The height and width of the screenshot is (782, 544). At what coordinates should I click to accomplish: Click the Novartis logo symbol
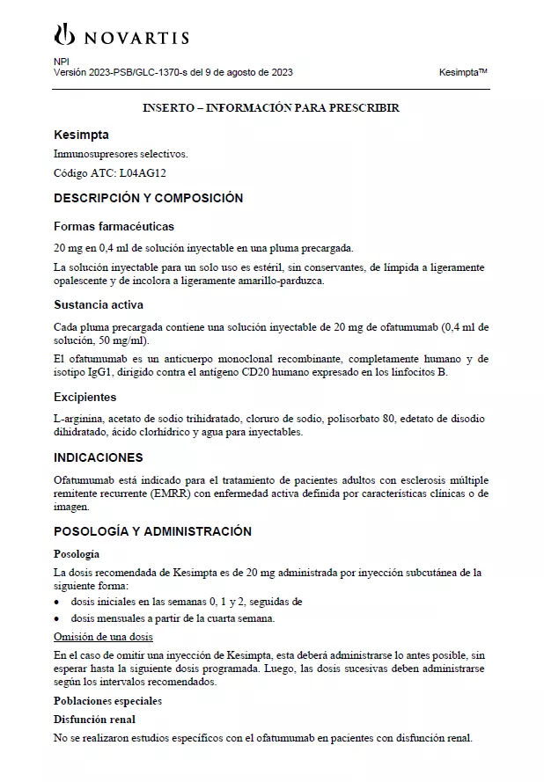pyautogui.click(x=64, y=35)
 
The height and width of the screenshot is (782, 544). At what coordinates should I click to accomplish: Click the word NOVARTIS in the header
pyautogui.click(x=136, y=38)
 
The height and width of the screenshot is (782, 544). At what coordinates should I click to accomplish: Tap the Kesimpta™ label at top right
pyautogui.click(x=463, y=72)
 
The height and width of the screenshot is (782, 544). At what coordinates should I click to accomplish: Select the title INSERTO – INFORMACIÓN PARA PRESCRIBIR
pyautogui.click(x=271, y=107)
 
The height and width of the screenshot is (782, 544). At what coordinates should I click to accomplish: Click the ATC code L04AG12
pyautogui.click(x=142, y=173)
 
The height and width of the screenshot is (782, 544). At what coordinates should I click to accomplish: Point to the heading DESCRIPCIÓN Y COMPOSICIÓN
pyautogui.click(x=148, y=198)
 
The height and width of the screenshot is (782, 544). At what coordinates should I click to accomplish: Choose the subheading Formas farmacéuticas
pyautogui.click(x=114, y=226)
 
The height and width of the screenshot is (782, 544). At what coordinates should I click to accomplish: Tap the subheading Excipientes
pyautogui.click(x=85, y=397)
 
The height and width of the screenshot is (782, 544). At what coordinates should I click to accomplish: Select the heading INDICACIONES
pyautogui.click(x=99, y=457)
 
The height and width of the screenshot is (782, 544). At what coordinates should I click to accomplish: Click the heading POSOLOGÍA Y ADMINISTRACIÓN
pyautogui.click(x=152, y=531)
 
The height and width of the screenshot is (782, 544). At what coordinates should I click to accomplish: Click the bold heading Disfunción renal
pyautogui.click(x=96, y=719)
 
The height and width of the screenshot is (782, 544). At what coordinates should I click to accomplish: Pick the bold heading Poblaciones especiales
pyautogui.click(x=107, y=701)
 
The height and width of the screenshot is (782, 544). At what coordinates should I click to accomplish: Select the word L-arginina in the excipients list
pyautogui.click(x=77, y=418)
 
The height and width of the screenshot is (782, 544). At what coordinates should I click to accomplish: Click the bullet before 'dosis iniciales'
pyautogui.click(x=57, y=603)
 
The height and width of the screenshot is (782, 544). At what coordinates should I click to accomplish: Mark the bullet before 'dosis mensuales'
pyautogui.click(x=57, y=618)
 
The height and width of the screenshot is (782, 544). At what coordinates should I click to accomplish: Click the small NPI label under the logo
pyautogui.click(x=61, y=61)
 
